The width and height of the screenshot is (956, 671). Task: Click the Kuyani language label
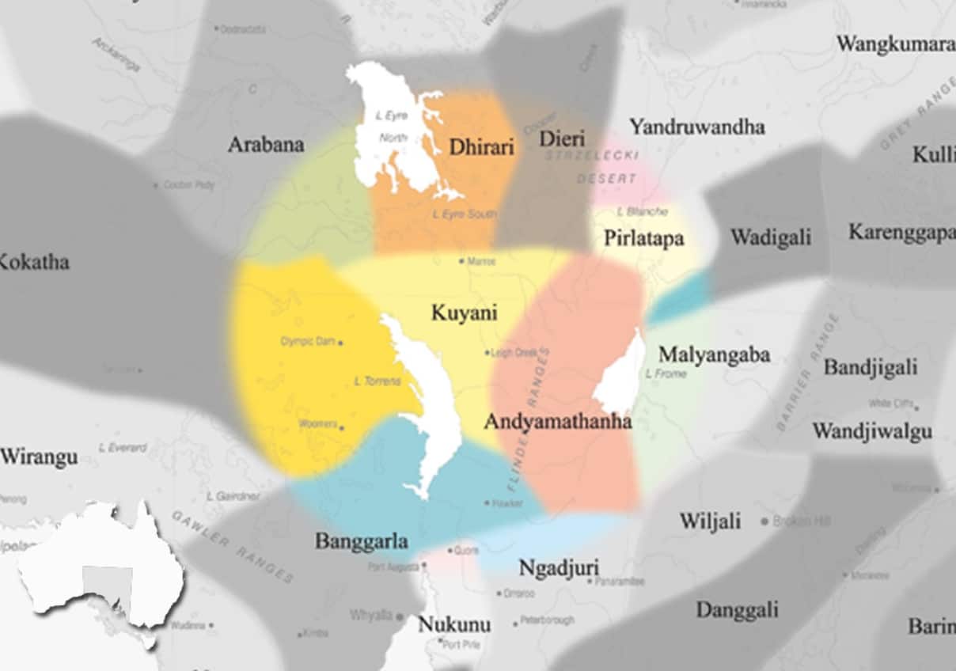click(x=464, y=313)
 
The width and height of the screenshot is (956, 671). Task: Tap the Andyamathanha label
click(x=557, y=422)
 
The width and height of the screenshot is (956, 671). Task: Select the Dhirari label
click(x=481, y=147)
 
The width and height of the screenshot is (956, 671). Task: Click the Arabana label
click(x=266, y=145)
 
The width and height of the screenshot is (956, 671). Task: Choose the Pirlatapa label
click(x=643, y=238)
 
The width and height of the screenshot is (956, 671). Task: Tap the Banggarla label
click(x=362, y=541)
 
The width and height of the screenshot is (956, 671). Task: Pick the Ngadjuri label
click(x=559, y=568)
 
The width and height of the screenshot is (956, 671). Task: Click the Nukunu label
click(x=454, y=624)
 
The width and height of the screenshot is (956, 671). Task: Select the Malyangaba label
click(x=714, y=354)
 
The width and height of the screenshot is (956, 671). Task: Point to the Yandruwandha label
click(x=696, y=127)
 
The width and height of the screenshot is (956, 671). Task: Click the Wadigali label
click(x=770, y=237)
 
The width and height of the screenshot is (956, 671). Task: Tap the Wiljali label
click(x=710, y=521)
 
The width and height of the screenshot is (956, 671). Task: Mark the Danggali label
click(x=737, y=610)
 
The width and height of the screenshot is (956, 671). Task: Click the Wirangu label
click(x=39, y=457)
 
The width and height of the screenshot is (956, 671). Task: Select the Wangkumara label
click(x=895, y=44)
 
